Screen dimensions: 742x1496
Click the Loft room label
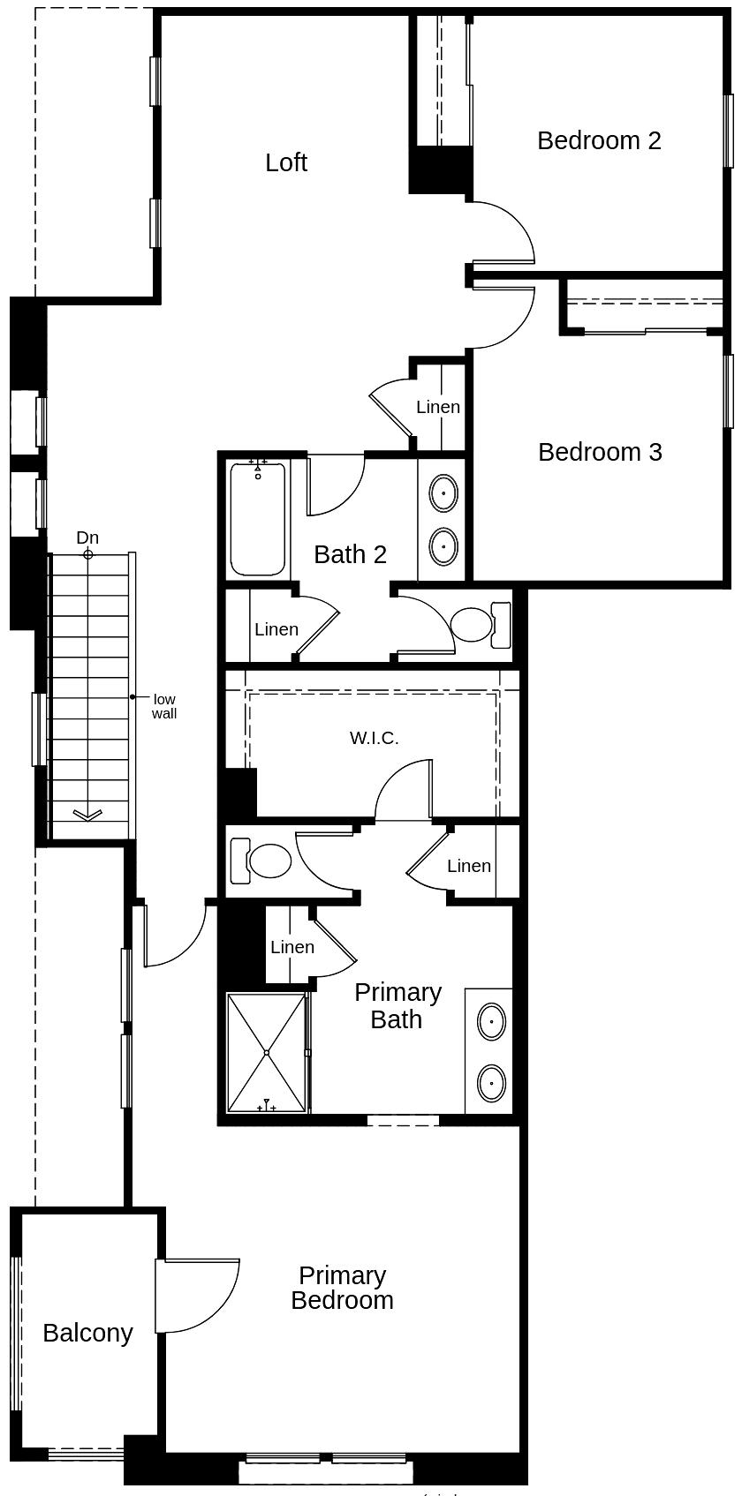[286, 162]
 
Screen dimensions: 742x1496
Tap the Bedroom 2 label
[599, 140]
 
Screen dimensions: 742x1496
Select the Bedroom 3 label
[600, 452]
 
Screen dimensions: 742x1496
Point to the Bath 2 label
[351, 554]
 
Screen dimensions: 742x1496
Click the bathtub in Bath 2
[258, 517]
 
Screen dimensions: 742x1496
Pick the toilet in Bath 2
[481, 625]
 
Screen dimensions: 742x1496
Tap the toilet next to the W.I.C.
[261, 861]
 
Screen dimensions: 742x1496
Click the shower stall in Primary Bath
[267, 1053]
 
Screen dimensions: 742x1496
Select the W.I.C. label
[375, 738]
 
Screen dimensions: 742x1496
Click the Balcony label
[87, 1333]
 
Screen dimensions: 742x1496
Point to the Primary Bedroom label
[342, 1289]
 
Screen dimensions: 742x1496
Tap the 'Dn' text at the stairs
[87, 538]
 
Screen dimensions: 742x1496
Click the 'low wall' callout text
[164, 707]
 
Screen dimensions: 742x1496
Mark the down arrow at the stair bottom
[88, 814]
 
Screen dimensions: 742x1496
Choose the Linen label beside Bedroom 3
[438, 407]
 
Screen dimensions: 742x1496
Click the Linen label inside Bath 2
[276, 629]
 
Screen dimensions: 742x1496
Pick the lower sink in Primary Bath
[491, 1083]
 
